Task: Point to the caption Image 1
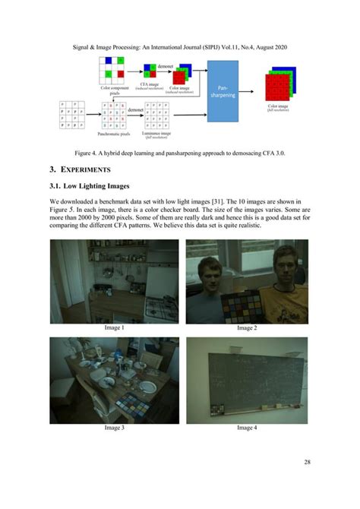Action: pyautogui.click(x=113, y=327)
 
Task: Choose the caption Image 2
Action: pyautogui.click(x=247, y=327)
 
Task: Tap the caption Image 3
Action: pyautogui.click(x=113, y=428)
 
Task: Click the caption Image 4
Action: pyautogui.click(x=247, y=428)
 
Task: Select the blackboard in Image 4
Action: pyautogui.click(x=247, y=375)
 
